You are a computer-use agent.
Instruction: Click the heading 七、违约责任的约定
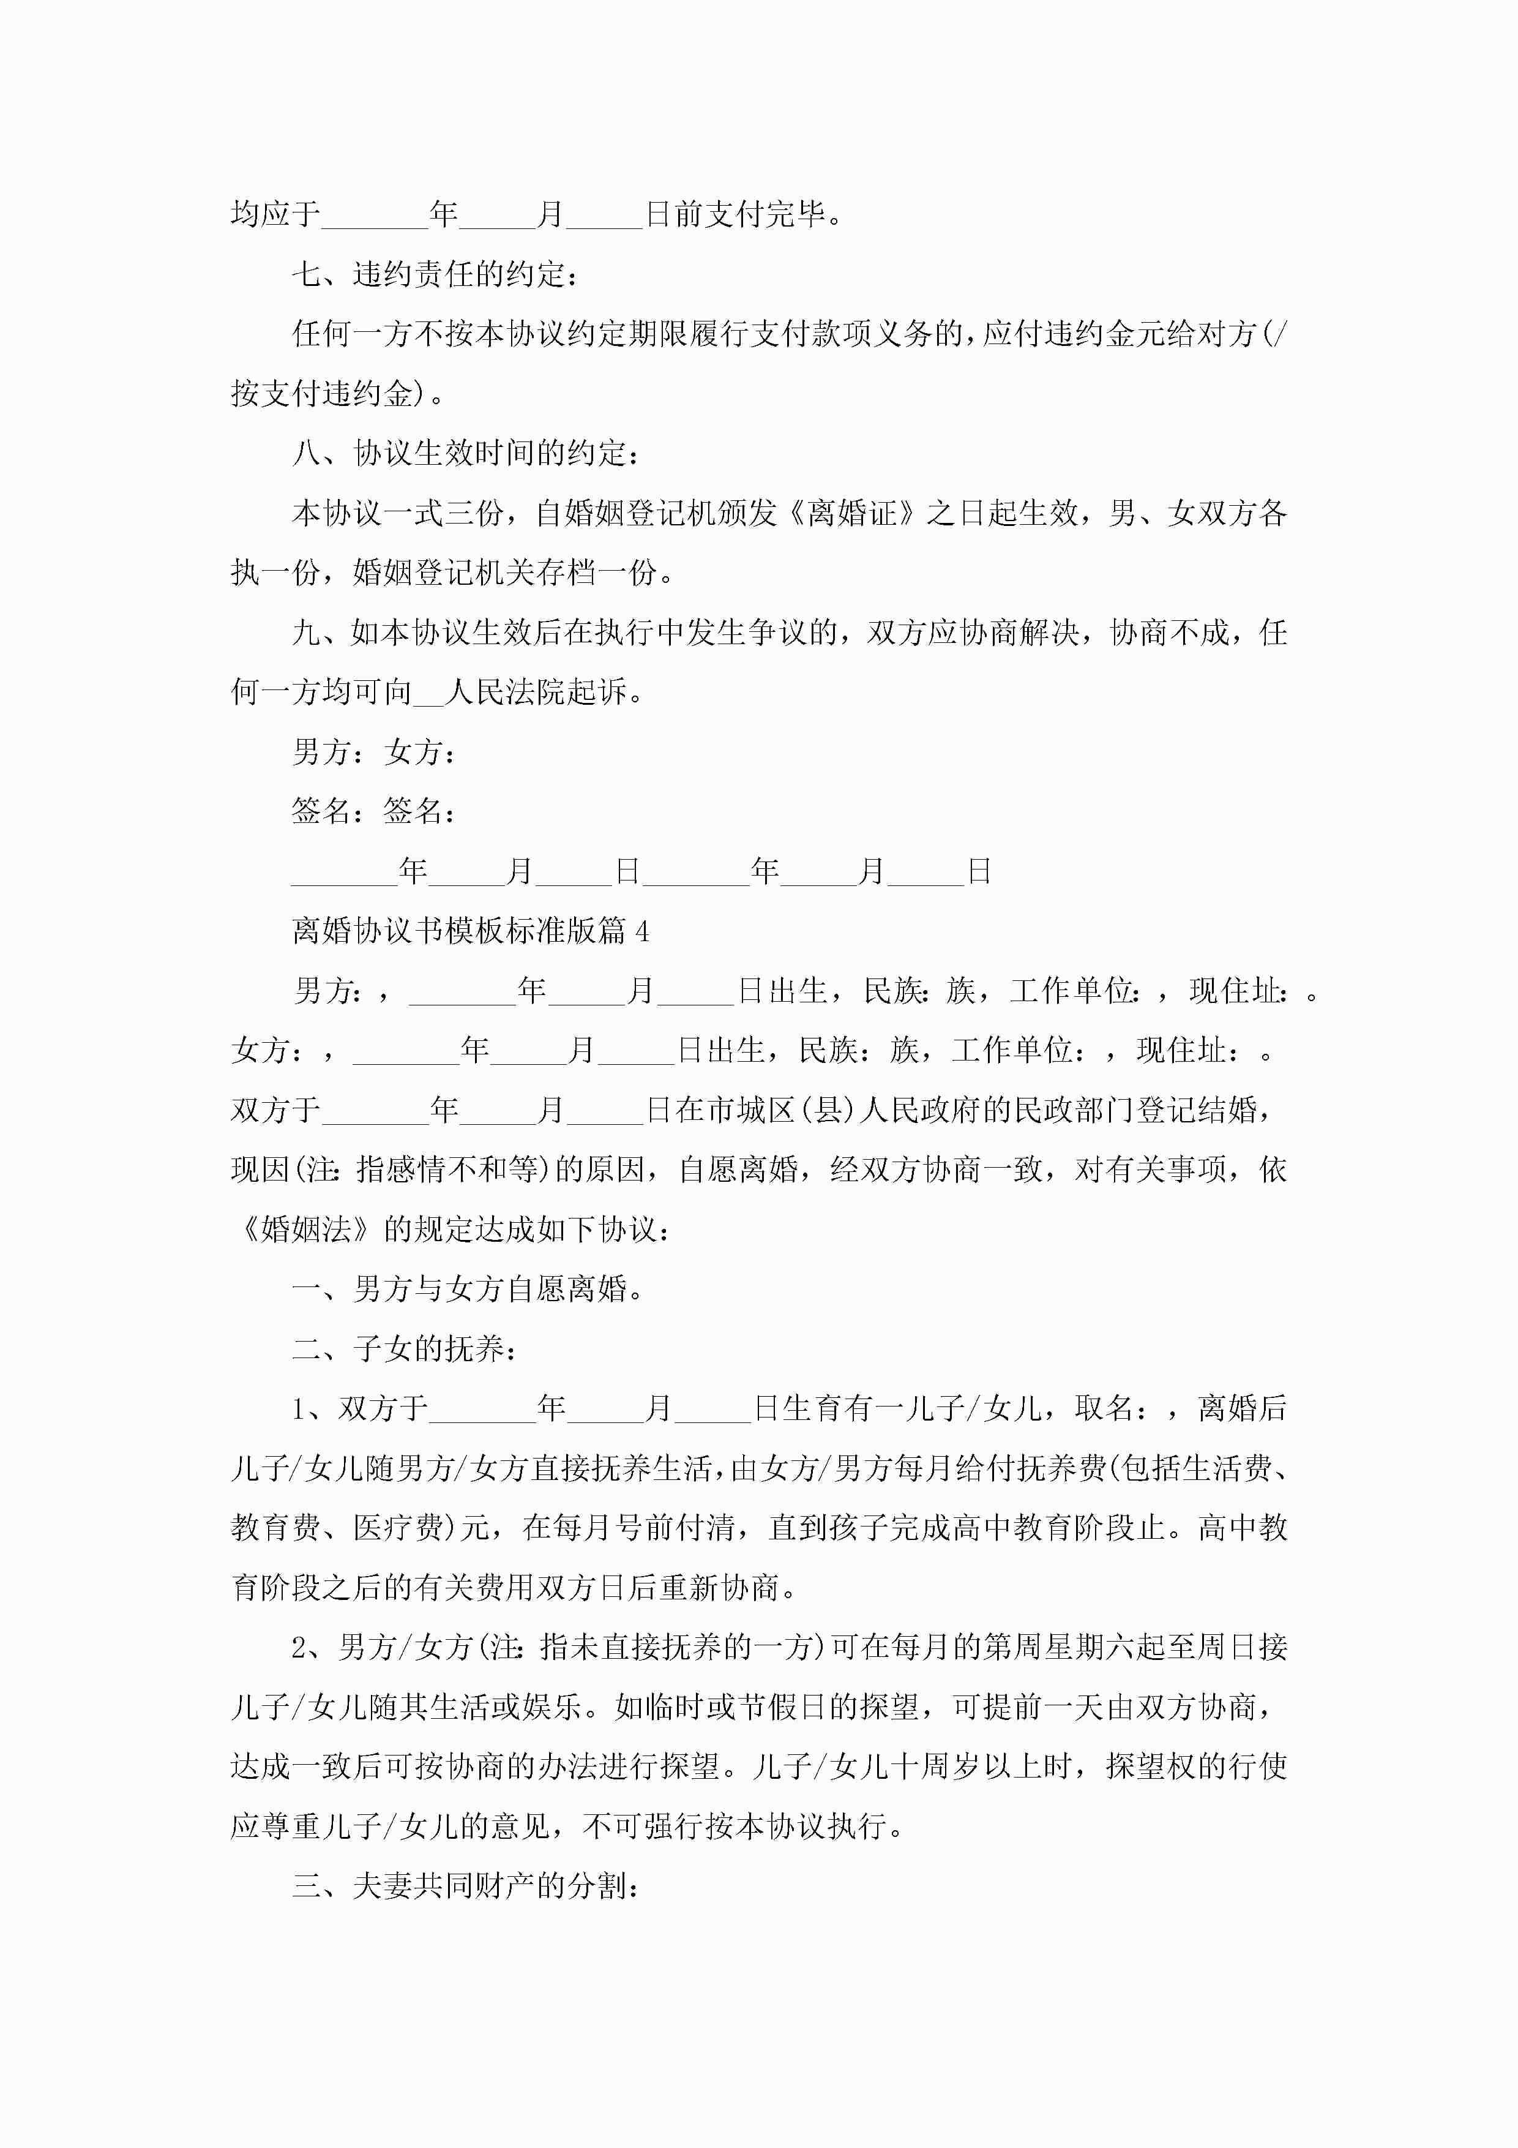point(435,274)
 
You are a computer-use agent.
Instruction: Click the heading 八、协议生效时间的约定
point(466,454)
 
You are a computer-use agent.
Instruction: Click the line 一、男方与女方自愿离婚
point(468,1289)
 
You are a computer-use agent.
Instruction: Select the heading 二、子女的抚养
point(404,1349)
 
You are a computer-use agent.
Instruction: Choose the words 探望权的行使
point(1197,1767)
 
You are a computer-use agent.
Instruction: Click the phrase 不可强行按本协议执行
point(735,1826)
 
